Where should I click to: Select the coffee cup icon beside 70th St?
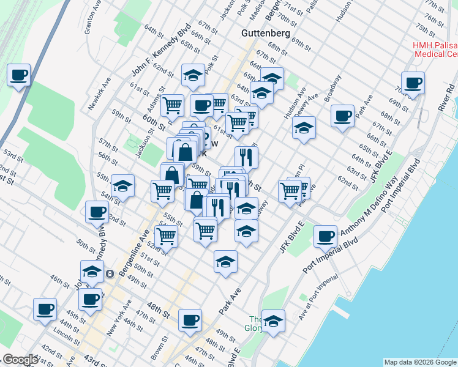click(413, 83)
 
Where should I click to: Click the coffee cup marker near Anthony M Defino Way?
click(326, 236)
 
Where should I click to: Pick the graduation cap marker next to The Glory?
click(273, 321)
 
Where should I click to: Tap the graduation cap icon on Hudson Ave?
click(303, 128)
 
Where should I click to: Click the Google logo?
click(20, 360)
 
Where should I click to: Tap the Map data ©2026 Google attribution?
click(419, 362)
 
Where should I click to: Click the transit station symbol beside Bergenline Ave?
click(109, 273)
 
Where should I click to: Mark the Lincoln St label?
click(63, 333)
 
